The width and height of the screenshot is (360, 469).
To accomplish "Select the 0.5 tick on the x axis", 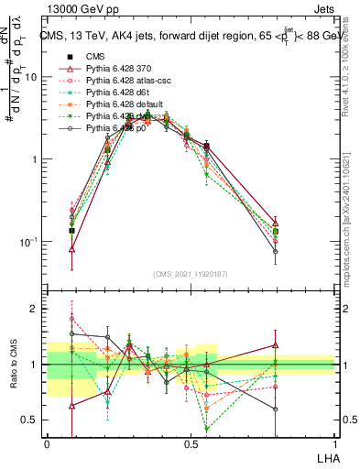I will (191, 443).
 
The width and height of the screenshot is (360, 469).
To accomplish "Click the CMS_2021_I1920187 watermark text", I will (191, 274).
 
